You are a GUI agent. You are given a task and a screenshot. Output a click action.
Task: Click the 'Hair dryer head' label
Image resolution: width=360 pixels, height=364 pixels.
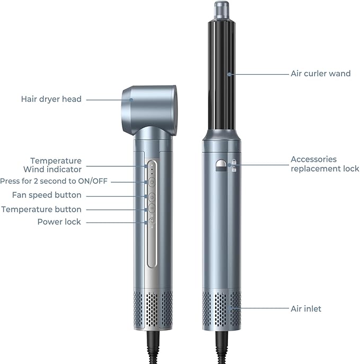[x=51, y=99]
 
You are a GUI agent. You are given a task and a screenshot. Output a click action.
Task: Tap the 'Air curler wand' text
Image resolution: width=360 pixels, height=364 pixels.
[x=321, y=74]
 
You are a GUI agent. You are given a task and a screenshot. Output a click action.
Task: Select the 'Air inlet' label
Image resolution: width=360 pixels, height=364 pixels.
[x=306, y=309]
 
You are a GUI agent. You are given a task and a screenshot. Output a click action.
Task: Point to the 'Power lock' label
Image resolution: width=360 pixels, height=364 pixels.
[x=59, y=222]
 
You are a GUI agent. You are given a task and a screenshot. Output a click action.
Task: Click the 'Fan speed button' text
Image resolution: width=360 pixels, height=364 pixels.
[x=47, y=195]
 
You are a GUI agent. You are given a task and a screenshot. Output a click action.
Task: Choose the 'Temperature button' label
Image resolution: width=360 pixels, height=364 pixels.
[x=41, y=209]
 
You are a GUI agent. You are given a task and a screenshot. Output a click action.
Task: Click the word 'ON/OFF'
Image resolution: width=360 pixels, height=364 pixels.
[x=93, y=181]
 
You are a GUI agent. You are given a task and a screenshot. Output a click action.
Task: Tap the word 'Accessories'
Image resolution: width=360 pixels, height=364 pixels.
[x=313, y=159]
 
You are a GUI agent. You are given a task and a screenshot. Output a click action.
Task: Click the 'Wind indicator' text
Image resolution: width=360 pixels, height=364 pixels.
[x=52, y=170]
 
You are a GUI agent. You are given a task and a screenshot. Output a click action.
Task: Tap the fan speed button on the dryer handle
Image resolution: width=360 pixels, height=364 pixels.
[x=152, y=197]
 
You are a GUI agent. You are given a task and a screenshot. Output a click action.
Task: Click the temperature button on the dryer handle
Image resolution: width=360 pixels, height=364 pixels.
[x=152, y=208]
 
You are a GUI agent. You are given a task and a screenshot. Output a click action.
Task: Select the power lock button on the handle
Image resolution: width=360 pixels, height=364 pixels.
[x=152, y=220]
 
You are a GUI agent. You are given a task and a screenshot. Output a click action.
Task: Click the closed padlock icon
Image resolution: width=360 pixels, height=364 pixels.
[x=234, y=162]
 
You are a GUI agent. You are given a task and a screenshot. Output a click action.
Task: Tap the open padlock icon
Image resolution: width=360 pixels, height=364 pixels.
[x=234, y=169]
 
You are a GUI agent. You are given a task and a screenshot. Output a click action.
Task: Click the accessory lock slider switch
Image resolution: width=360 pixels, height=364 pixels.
[x=221, y=165]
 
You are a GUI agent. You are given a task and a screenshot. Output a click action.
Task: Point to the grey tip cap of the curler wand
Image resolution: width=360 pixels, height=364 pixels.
[x=222, y=11]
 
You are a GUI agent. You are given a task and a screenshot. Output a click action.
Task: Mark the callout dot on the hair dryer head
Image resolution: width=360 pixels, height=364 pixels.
[x=131, y=100]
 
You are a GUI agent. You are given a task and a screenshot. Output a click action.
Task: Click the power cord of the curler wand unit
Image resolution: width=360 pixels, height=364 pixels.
[x=221, y=347]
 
